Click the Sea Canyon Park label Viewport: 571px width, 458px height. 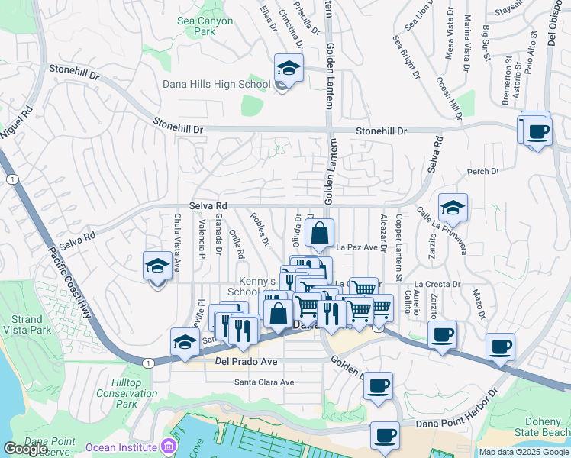[205, 27]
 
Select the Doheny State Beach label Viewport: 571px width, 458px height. [544, 427]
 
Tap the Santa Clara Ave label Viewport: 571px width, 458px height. [264, 382]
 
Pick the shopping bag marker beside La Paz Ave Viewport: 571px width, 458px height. [321, 233]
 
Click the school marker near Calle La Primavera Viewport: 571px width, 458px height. [453, 208]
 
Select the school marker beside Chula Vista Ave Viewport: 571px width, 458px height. [157, 267]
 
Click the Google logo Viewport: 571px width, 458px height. [26, 449]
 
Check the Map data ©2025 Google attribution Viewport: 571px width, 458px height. [524, 452]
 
